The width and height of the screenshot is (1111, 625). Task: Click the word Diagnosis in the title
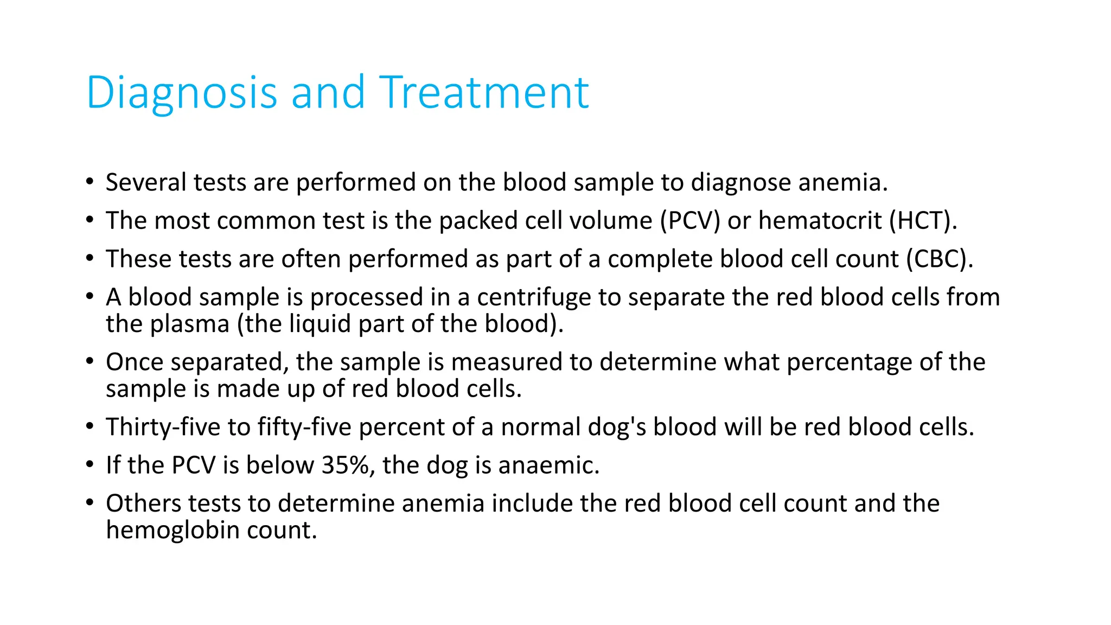click(x=182, y=93)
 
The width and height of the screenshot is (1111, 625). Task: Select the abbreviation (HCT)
click(x=923, y=221)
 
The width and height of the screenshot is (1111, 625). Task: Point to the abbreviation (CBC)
click(x=939, y=259)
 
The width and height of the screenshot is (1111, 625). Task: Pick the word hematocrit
click(x=820, y=221)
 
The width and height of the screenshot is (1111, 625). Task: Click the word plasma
click(x=189, y=324)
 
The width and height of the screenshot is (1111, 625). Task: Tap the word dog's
click(x=617, y=427)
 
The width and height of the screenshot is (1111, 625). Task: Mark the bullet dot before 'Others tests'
click(x=90, y=502)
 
